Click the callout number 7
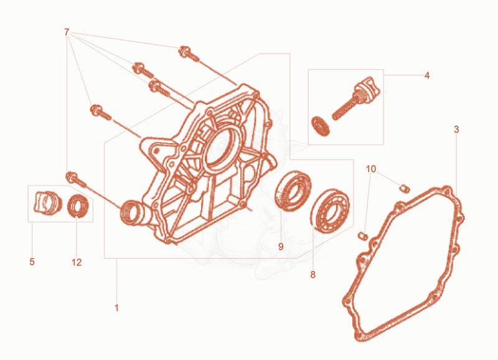point(67,32)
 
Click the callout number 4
point(427,75)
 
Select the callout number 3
point(456,130)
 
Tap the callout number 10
point(371,169)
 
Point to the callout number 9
point(281,247)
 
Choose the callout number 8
point(313,275)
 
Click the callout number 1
point(116,308)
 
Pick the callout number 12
point(77,262)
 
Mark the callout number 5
point(32,262)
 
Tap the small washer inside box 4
point(320,126)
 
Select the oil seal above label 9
point(293,191)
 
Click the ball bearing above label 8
point(331,211)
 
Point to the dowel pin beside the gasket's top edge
point(404,189)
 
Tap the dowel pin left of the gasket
point(363,236)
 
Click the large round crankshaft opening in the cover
point(222,146)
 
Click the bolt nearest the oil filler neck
point(75,179)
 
